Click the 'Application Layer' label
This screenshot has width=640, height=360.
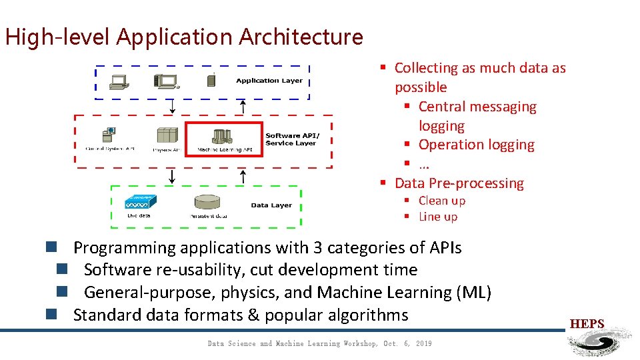point(269,81)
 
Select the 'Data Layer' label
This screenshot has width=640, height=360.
point(271,205)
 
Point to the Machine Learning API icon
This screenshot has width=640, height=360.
point(223,135)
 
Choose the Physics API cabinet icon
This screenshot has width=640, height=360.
point(167,135)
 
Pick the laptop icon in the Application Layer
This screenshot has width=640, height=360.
point(120,81)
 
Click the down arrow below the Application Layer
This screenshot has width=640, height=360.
point(172,106)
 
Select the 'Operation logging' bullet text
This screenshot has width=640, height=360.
point(476,145)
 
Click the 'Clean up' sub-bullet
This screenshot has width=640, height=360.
point(441,201)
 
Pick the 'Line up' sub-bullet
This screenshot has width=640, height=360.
point(437,217)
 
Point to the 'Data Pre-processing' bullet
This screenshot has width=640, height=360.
point(459,183)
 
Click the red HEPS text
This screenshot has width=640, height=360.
point(587,325)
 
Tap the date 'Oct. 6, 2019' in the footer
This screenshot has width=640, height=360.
point(407,344)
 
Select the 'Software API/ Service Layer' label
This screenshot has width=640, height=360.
point(292,139)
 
